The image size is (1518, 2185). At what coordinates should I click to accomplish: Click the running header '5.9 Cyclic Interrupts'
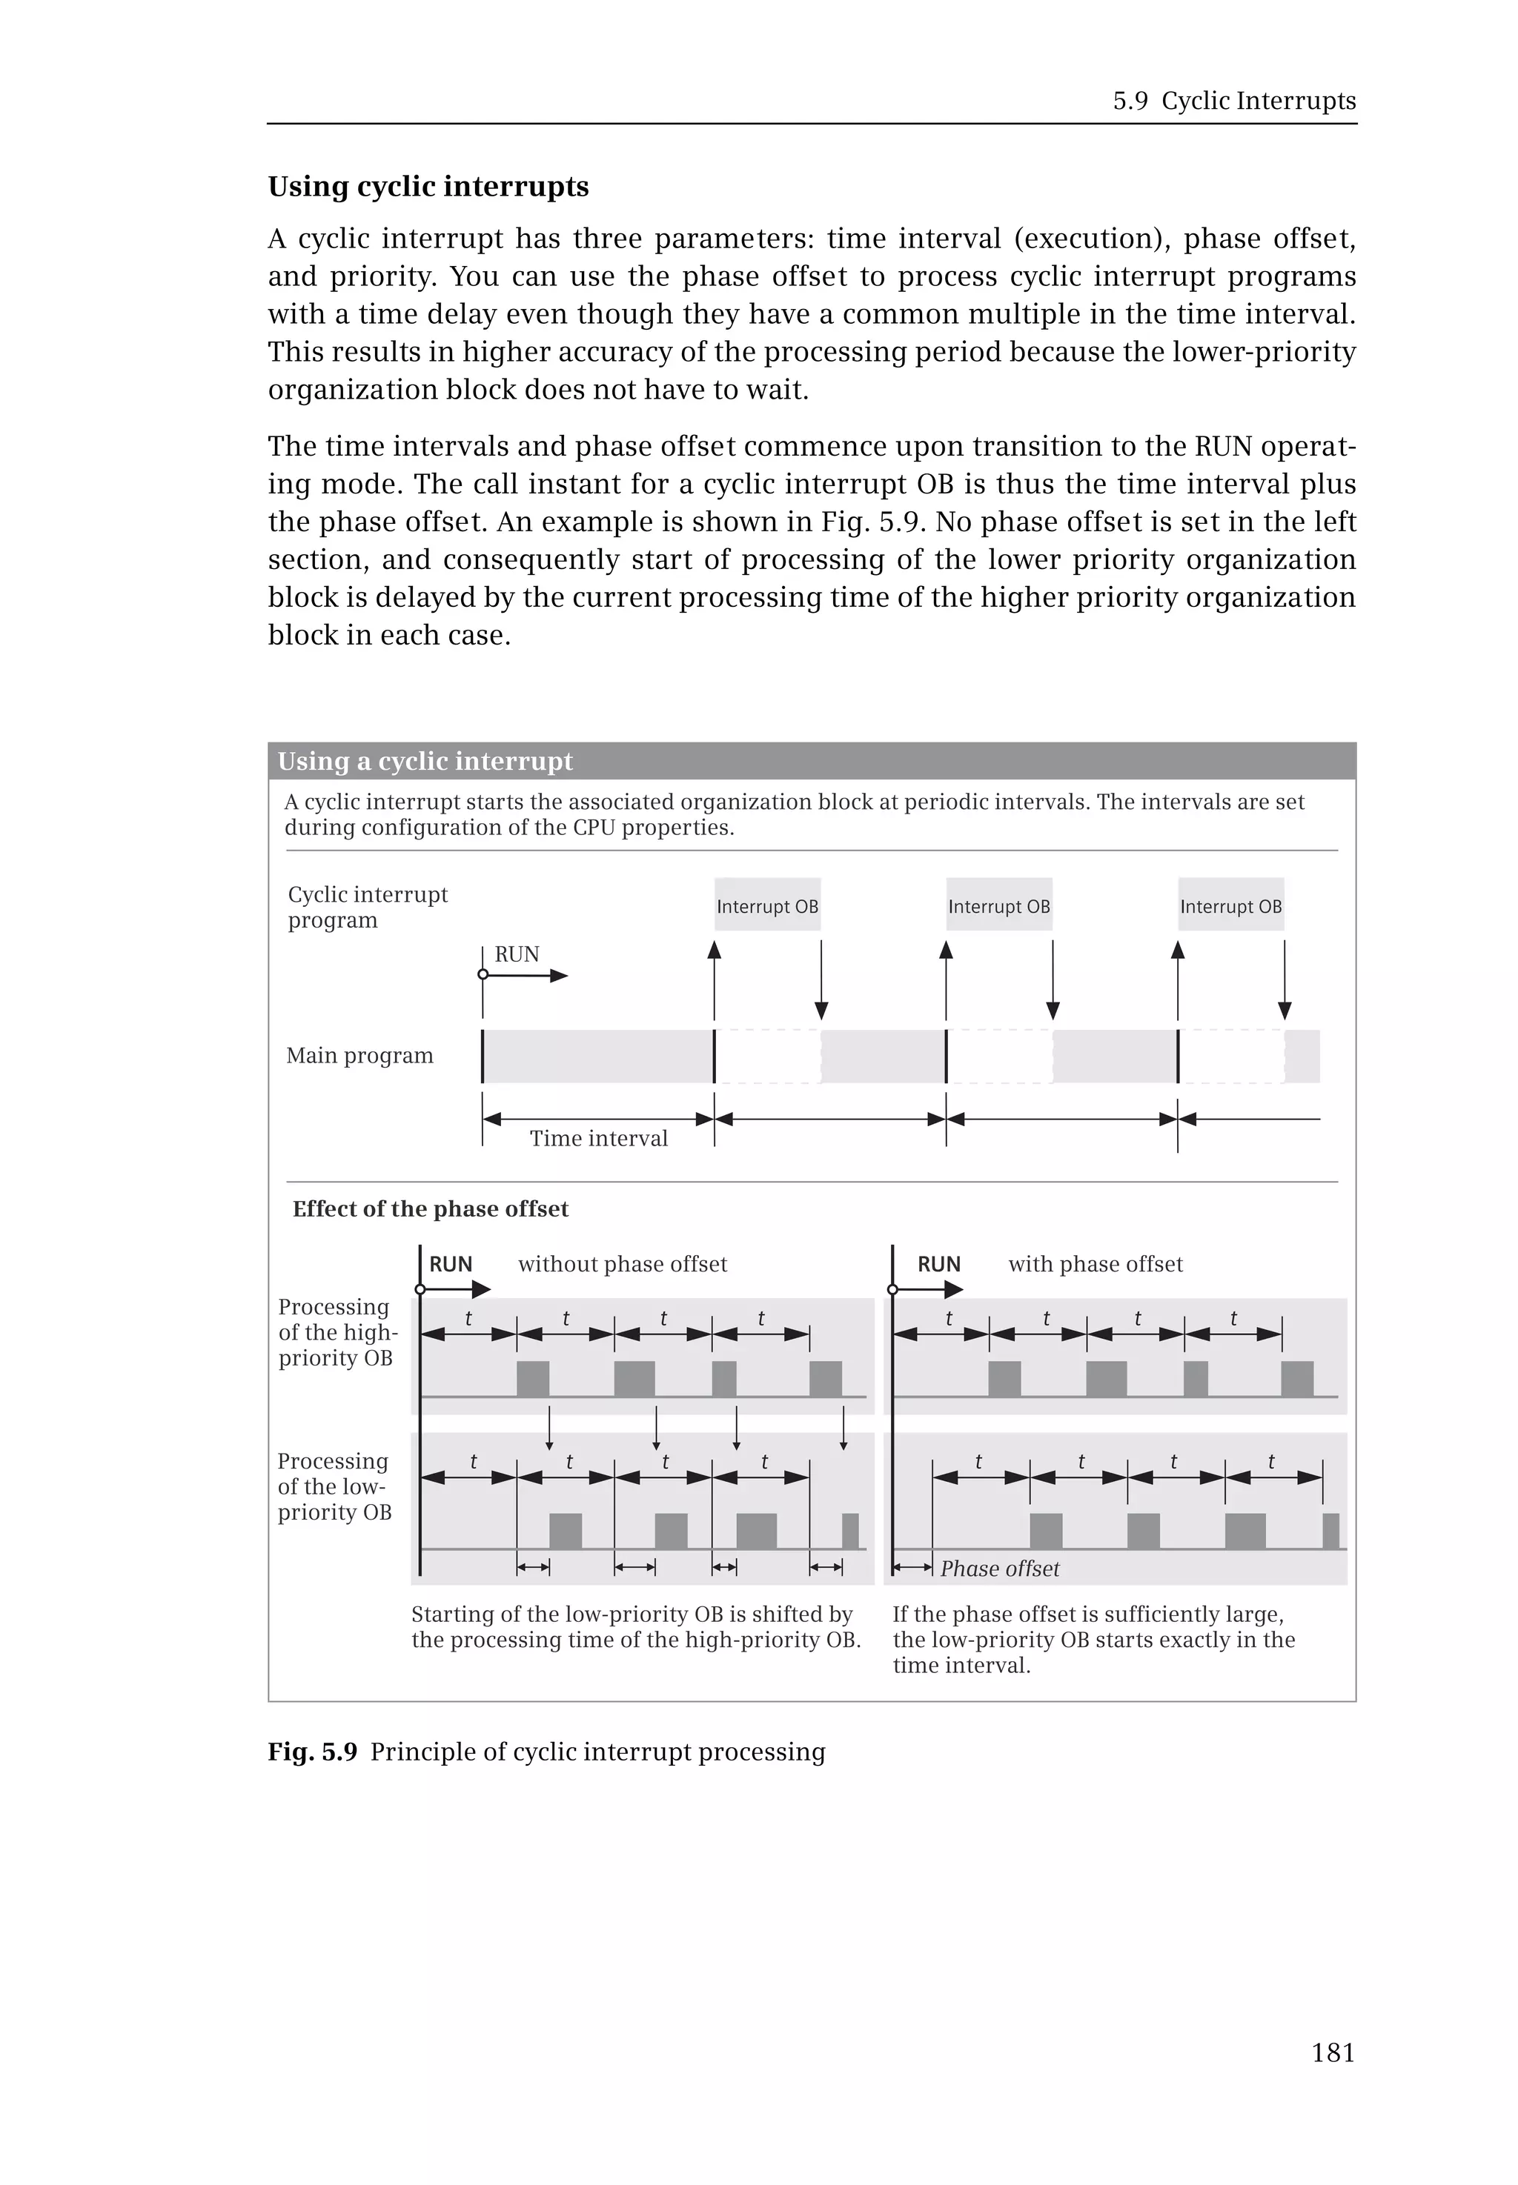[x=1233, y=101]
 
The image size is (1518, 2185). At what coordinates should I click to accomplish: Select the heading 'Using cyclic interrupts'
[x=428, y=187]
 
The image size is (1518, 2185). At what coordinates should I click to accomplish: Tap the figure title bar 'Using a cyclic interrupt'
[x=425, y=761]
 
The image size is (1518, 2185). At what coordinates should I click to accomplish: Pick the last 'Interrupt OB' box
[x=1230, y=905]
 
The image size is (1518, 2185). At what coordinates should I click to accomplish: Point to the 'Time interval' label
[x=598, y=1138]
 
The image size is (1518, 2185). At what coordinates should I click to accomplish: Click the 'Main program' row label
[x=359, y=1055]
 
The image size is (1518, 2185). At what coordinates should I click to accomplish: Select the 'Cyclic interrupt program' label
[x=367, y=907]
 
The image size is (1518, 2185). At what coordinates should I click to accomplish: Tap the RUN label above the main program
[x=517, y=954]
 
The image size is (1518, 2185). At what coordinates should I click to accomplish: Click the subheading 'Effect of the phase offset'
[x=430, y=1208]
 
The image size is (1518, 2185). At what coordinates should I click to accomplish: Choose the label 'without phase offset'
[x=622, y=1263]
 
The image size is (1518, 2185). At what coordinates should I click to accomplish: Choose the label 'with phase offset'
[x=1095, y=1263]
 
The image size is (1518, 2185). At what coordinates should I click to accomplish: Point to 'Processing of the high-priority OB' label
[x=337, y=1332]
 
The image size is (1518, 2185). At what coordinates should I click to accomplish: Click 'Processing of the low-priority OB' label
[x=333, y=1486]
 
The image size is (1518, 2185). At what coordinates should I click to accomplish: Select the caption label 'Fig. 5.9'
[x=312, y=1752]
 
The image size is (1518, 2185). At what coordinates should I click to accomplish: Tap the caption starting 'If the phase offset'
[x=1093, y=1639]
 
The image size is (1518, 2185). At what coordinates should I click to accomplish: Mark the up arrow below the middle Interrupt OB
[x=946, y=980]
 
